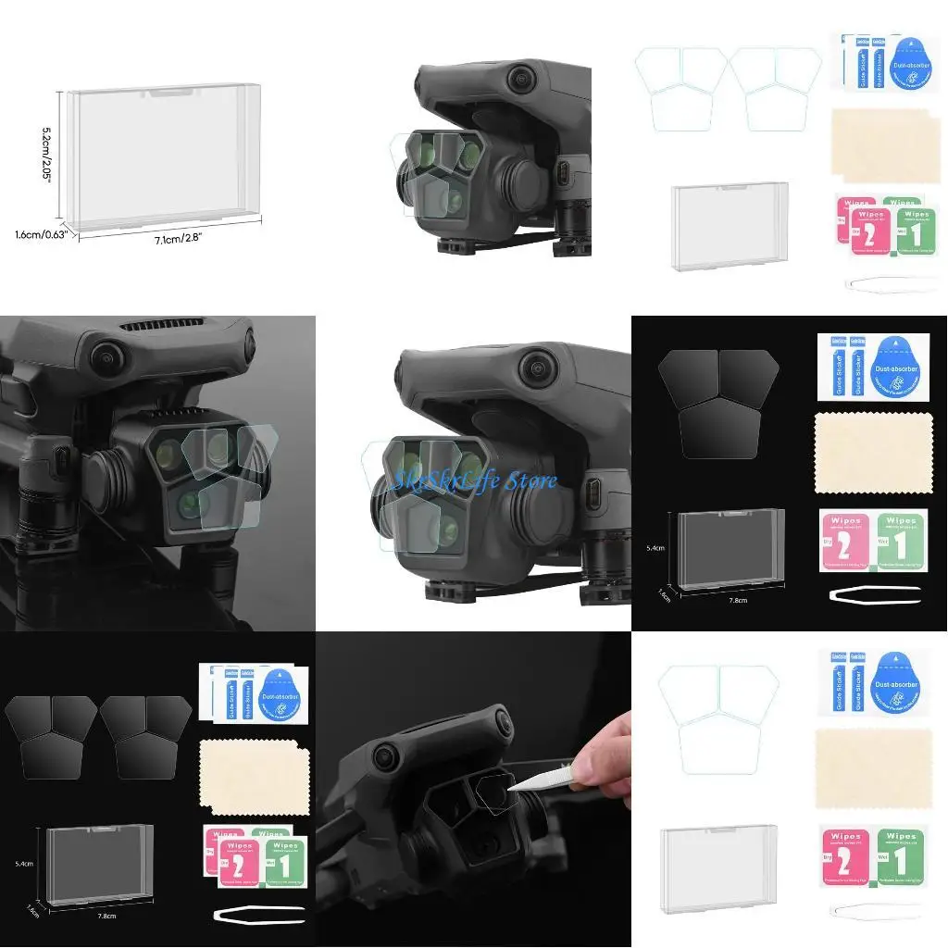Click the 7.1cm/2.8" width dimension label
175,238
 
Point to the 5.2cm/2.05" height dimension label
47,155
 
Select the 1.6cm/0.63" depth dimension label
38,234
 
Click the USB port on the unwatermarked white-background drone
563,172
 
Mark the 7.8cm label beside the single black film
738,599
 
